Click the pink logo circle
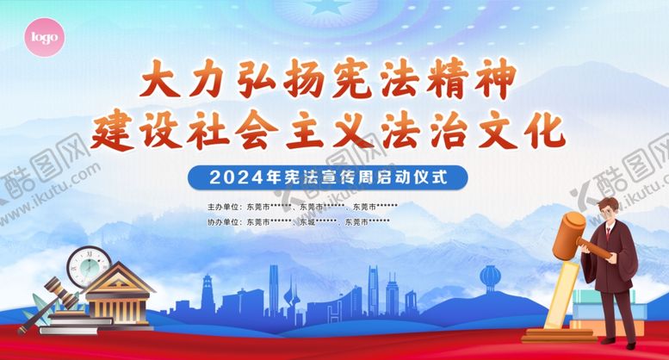pos(44,38)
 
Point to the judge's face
pos(610,211)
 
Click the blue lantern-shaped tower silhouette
pos(490,278)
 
